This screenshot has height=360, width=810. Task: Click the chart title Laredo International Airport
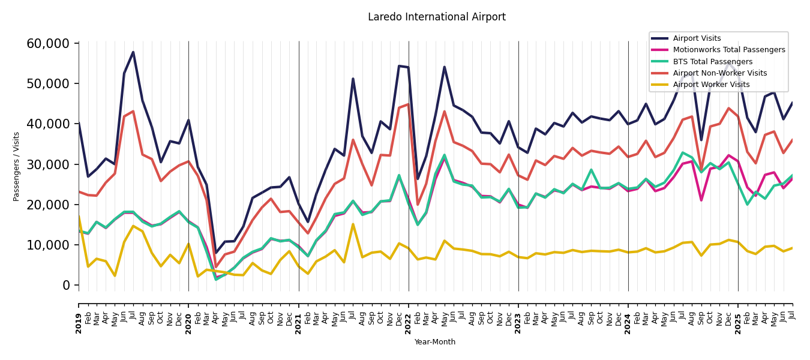(x=436, y=17)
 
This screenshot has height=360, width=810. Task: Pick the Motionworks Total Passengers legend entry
(x=728, y=50)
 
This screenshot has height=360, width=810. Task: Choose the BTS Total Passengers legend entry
(x=712, y=62)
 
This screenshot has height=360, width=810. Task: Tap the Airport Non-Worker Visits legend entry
(x=719, y=73)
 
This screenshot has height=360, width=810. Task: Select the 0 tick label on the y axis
(x=67, y=286)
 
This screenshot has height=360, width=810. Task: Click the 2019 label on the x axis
(x=79, y=315)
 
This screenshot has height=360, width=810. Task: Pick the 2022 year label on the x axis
(x=409, y=315)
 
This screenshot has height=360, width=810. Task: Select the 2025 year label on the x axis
(x=738, y=315)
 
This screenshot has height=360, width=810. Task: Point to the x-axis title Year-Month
(x=435, y=342)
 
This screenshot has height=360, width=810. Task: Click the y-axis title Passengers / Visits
(x=17, y=166)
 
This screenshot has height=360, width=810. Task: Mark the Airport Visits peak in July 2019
(x=133, y=52)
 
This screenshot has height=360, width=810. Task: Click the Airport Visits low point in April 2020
(x=216, y=253)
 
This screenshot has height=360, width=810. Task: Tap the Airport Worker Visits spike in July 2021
(x=353, y=224)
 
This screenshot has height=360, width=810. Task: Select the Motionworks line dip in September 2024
(x=701, y=200)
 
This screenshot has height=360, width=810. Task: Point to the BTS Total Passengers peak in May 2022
(x=445, y=155)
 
